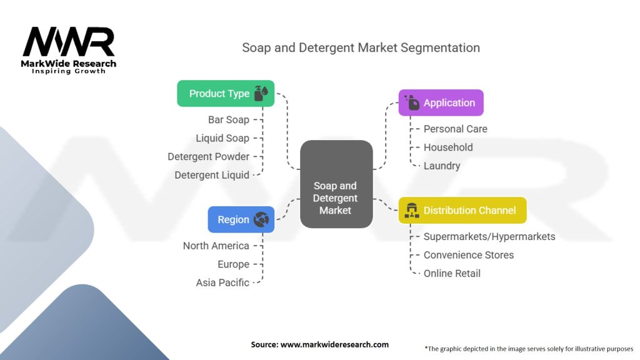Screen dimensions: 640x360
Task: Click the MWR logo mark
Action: pyautogui.click(x=69, y=42)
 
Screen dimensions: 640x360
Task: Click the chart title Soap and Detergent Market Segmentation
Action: pyautogui.click(x=361, y=47)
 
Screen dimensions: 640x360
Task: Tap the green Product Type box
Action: pyautogui.click(x=226, y=94)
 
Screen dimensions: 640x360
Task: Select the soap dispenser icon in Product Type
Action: pyautogui.click(x=261, y=93)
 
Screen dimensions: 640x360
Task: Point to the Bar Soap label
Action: pyautogui.click(x=229, y=119)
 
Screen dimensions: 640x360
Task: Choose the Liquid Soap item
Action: pyautogui.click(x=222, y=138)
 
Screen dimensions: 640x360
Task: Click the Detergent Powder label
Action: pyautogui.click(x=209, y=157)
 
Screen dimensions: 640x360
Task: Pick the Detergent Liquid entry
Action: pyautogui.click(x=212, y=175)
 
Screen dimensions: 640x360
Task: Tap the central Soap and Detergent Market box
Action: pyautogui.click(x=336, y=184)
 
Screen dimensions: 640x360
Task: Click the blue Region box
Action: pyautogui.click(x=241, y=219)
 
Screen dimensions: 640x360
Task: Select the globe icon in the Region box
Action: pyautogui.click(x=261, y=219)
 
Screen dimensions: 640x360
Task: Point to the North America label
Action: pyautogui.click(x=216, y=246)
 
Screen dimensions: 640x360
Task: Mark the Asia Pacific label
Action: pyautogui.click(x=222, y=282)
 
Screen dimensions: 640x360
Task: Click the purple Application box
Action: pyautogui.click(x=441, y=103)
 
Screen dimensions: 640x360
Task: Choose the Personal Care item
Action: pyautogui.click(x=456, y=129)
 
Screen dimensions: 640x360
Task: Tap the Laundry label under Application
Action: pyautogui.click(x=442, y=166)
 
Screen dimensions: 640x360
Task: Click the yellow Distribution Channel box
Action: pyautogui.click(x=462, y=210)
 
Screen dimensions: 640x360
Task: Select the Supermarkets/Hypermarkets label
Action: pyautogui.click(x=489, y=237)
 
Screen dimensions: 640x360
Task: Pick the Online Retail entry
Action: pyautogui.click(x=452, y=274)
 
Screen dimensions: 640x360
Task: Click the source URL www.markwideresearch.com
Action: pyautogui.click(x=335, y=344)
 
